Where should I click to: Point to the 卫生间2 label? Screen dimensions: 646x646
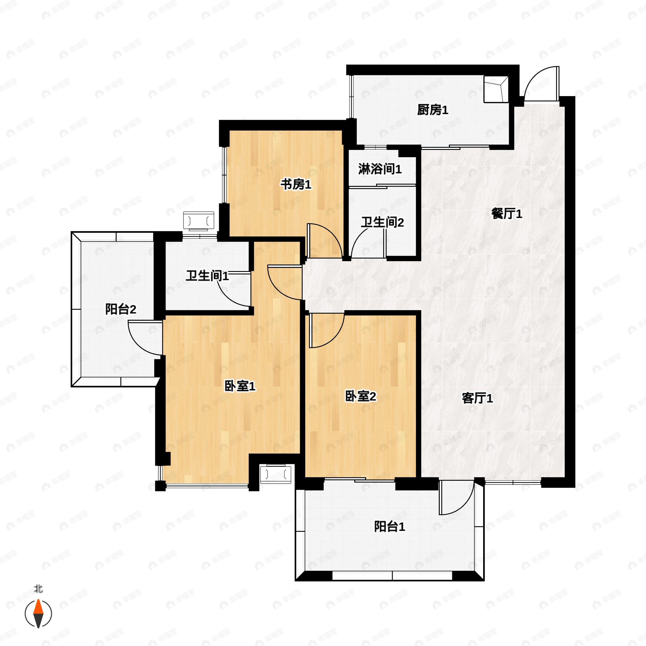(382, 222)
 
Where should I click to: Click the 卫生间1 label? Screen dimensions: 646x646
(207, 276)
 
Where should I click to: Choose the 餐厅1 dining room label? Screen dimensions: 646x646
(507, 214)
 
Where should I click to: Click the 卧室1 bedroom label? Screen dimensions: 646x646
(240, 386)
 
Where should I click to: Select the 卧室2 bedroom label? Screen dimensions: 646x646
(360, 396)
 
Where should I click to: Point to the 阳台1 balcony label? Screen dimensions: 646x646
(389, 527)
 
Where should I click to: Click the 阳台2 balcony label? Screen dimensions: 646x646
(121, 309)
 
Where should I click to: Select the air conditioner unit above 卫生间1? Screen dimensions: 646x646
(199, 221)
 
